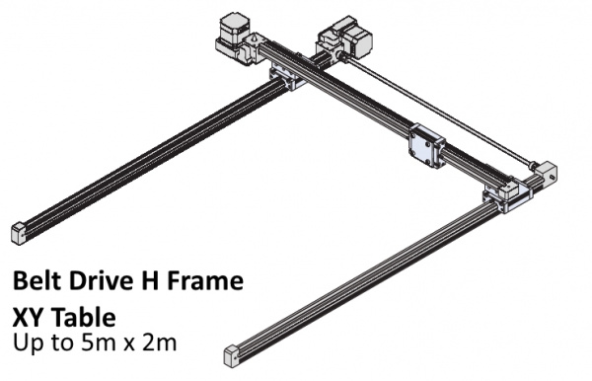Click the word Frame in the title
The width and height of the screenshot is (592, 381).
pyautogui.click(x=205, y=282)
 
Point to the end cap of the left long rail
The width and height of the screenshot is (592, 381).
pyautogui.click(x=20, y=232)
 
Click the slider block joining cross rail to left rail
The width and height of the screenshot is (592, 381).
pyautogui.click(x=285, y=76)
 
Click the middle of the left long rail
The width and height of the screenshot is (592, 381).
pyautogui.click(x=148, y=157)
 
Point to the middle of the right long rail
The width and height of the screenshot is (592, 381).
pyautogui.click(x=365, y=276)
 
